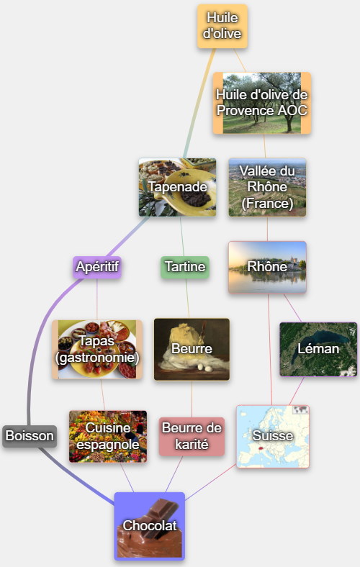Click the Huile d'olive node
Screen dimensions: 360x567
(x=222, y=26)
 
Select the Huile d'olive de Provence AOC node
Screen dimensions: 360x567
(x=262, y=103)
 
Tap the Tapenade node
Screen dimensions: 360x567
(x=177, y=187)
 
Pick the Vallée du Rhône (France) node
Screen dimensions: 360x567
(x=267, y=187)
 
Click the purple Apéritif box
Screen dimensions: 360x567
(x=97, y=267)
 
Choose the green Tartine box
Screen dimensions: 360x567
(x=185, y=267)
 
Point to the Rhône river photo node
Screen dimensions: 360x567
(x=267, y=267)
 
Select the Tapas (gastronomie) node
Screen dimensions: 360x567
(x=97, y=349)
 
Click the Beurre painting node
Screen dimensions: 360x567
(x=192, y=349)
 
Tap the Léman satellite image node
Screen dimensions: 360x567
(x=318, y=349)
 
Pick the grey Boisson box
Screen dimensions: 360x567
(x=30, y=436)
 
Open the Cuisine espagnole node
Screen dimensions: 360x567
(x=108, y=437)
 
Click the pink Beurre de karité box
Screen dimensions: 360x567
(x=192, y=437)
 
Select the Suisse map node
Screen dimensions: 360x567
(x=273, y=437)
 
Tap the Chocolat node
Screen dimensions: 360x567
(x=150, y=526)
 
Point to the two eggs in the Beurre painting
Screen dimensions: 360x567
(x=203, y=368)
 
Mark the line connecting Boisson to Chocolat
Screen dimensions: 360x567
(x=76, y=476)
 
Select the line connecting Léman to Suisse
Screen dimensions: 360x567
(x=297, y=391)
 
